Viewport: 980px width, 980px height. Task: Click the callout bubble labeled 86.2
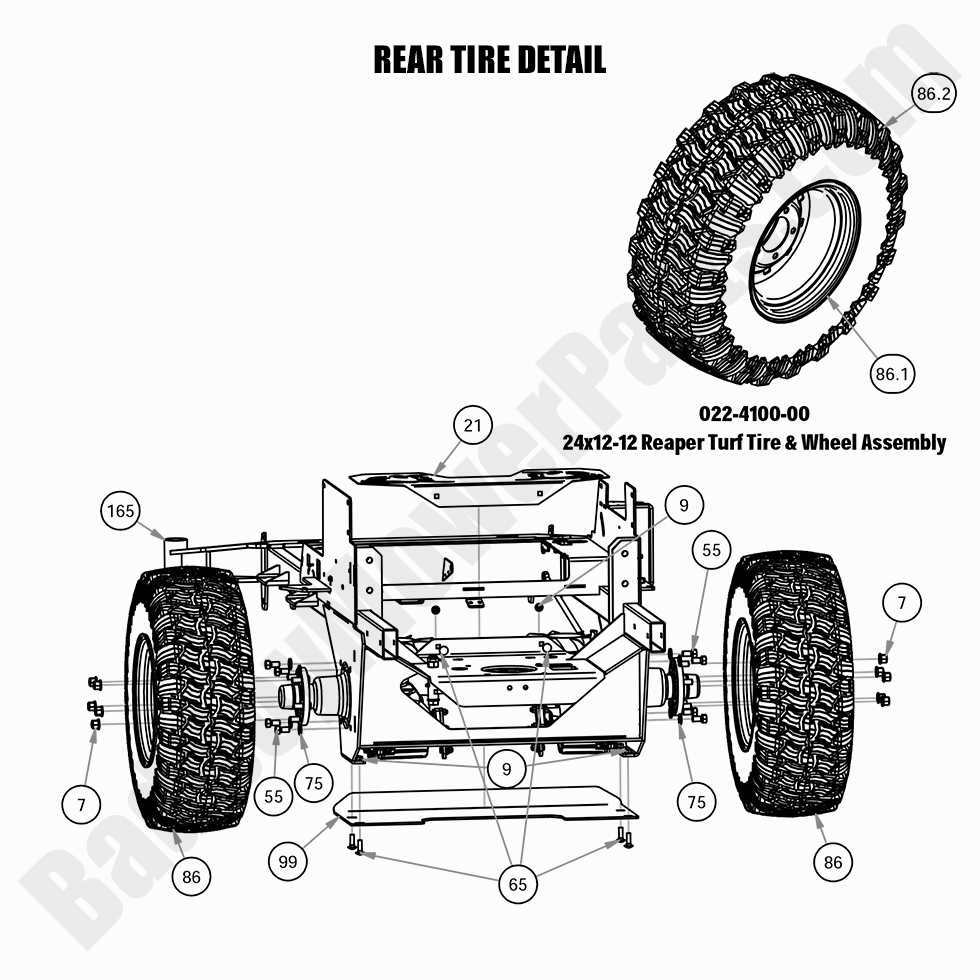tap(932, 94)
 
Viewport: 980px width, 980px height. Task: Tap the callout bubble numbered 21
tap(473, 425)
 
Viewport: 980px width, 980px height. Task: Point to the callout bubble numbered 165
tap(120, 512)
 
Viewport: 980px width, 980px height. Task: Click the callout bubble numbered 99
tap(288, 859)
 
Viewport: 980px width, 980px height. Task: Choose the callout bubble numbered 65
tap(517, 884)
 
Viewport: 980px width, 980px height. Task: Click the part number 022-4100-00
tap(755, 414)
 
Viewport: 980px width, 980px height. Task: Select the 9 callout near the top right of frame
tap(683, 506)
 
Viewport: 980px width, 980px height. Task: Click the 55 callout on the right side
tap(711, 550)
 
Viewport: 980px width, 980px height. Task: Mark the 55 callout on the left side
tap(274, 797)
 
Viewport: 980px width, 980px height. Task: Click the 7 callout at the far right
tap(902, 603)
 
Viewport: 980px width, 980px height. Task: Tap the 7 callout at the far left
tap(81, 802)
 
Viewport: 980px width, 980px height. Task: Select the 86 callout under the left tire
tap(191, 877)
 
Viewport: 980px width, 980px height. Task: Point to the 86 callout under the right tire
tap(834, 861)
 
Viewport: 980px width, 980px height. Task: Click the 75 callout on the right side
tap(696, 801)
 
